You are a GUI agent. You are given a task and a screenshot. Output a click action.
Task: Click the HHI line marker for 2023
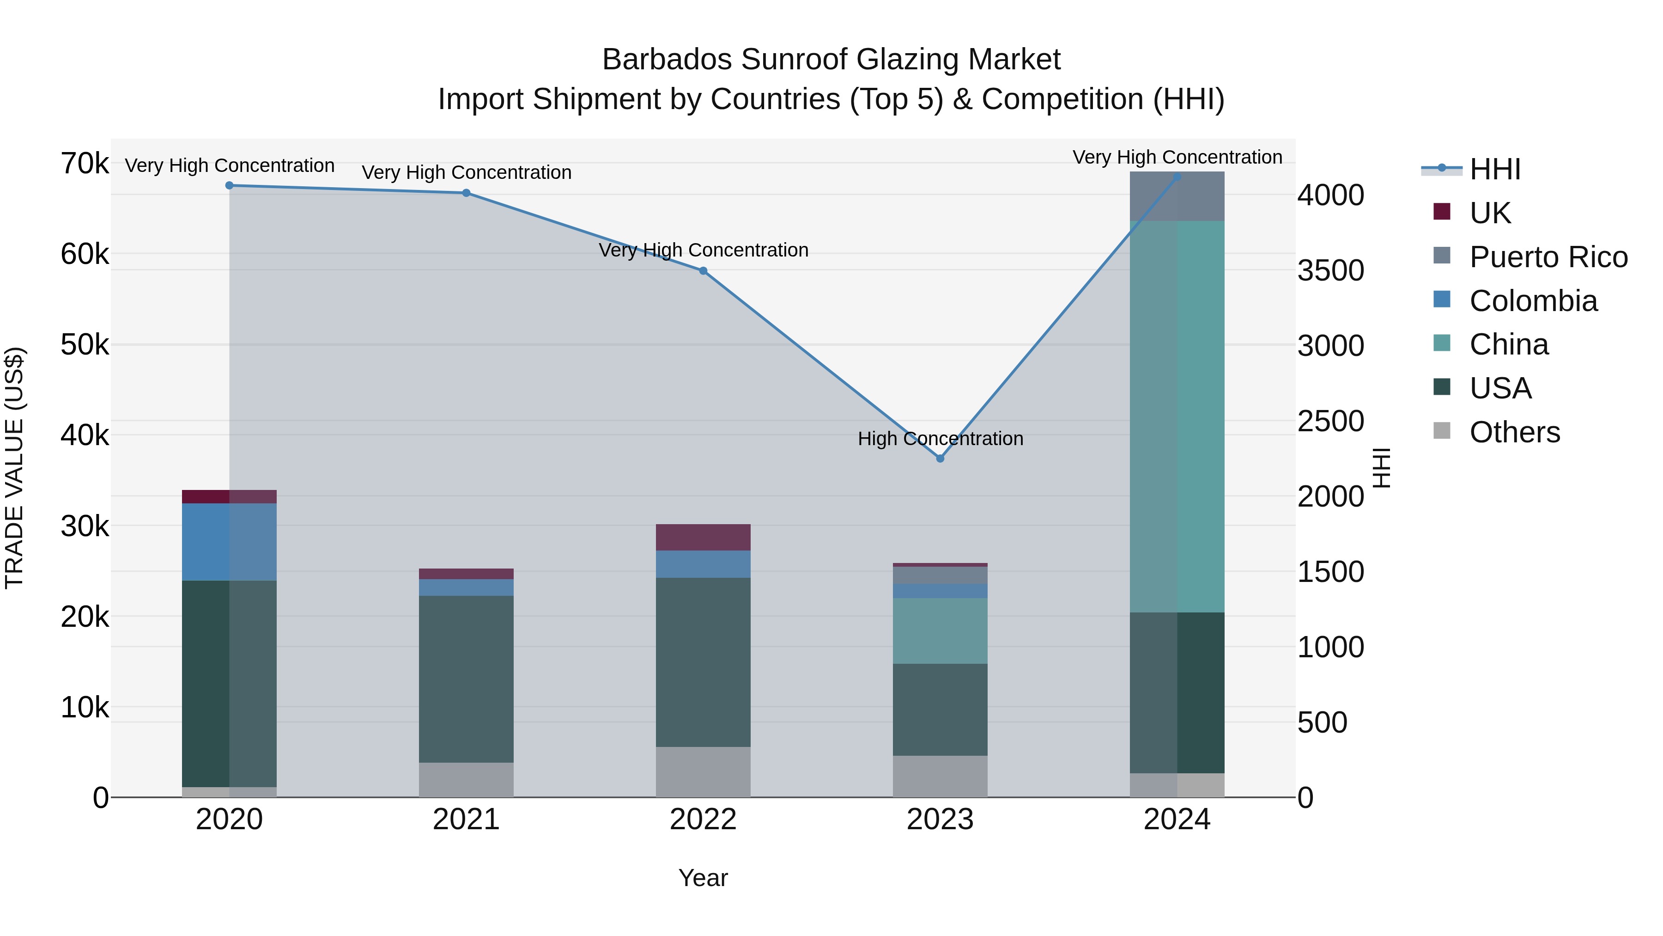click(x=940, y=458)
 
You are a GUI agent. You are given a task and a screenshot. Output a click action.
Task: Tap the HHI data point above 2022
click(x=703, y=271)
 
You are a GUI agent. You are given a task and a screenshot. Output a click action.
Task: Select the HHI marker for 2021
click(x=466, y=192)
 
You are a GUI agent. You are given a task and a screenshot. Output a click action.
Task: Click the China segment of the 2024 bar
click(x=1177, y=416)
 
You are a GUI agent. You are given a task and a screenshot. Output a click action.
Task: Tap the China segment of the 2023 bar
click(x=940, y=630)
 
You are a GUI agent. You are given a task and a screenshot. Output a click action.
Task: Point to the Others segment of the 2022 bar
click(x=703, y=771)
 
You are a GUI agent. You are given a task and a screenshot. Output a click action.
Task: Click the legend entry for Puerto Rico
click(x=1548, y=257)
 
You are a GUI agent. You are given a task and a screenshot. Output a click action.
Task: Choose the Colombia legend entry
click(x=1533, y=301)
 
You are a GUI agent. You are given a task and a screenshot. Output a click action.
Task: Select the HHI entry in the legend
click(x=1494, y=169)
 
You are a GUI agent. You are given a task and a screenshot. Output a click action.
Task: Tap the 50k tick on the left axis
click(x=85, y=345)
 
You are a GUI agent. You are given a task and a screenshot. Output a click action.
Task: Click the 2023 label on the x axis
click(x=940, y=820)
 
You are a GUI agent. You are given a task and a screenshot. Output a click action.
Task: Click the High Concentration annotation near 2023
click(x=940, y=439)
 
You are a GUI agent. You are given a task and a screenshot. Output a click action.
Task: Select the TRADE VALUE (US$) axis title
click(x=14, y=468)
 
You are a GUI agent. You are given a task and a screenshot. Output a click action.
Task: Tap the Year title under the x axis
click(x=703, y=878)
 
